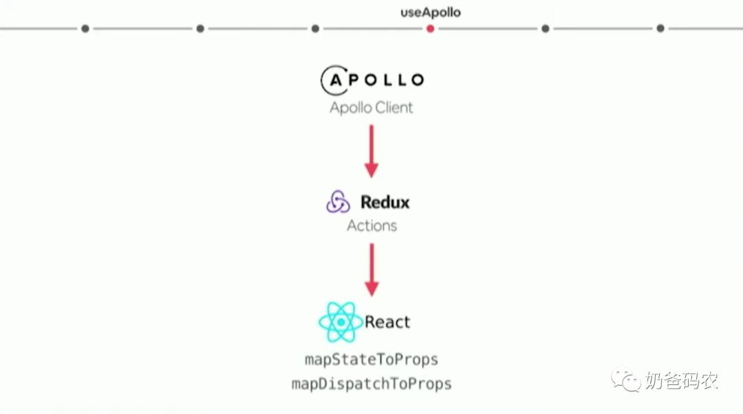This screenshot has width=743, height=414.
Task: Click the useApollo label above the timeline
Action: [x=430, y=12]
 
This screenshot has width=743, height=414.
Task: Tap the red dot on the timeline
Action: [x=430, y=29]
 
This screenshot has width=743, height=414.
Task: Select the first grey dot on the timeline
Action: [x=85, y=29]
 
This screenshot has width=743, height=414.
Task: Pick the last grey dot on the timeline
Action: [x=660, y=29]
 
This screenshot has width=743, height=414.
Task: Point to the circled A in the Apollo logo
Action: [x=335, y=80]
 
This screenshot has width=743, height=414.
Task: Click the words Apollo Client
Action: [x=371, y=107]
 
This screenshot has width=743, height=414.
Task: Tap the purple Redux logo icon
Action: [x=338, y=203]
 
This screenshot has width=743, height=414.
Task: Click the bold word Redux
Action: [x=385, y=203]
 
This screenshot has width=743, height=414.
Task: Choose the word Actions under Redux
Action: [x=371, y=225]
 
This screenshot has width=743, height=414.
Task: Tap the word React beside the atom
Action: [x=387, y=322]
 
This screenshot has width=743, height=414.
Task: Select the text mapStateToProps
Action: [x=371, y=360]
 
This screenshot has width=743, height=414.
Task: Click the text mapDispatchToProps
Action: [x=371, y=384]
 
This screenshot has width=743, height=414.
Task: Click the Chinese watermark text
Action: [x=681, y=380]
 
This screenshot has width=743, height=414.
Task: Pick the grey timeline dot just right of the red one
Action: [x=546, y=29]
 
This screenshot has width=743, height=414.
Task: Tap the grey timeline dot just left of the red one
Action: [x=315, y=29]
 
